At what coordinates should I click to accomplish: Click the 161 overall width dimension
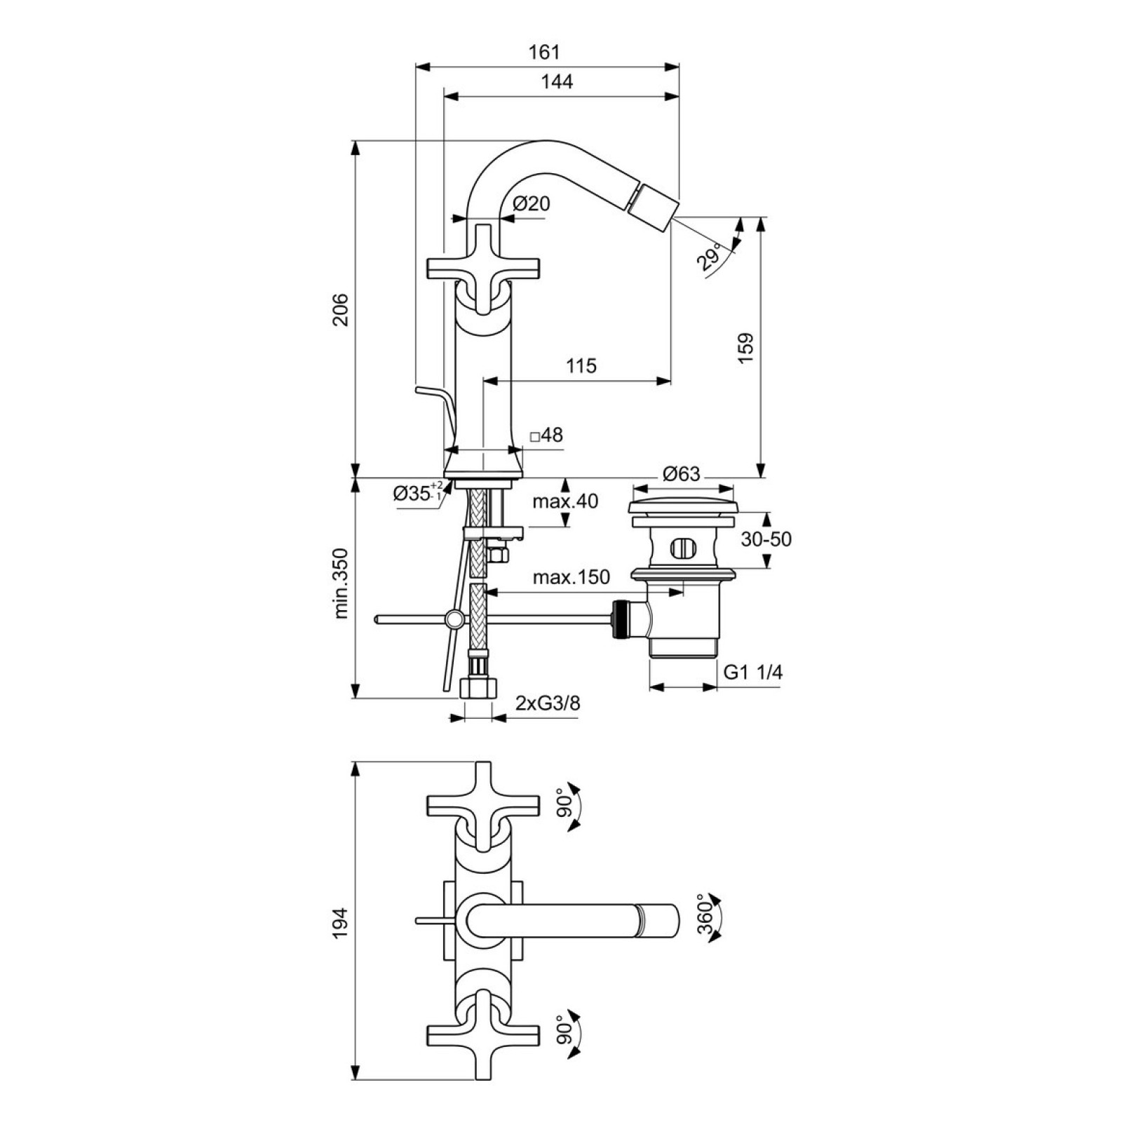tap(544, 52)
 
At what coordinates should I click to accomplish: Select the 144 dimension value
tap(557, 82)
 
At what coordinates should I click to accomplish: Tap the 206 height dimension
tap(340, 309)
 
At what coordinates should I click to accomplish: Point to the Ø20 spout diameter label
tap(532, 203)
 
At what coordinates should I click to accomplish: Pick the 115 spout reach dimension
tap(581, 365)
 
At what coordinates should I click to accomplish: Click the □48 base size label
tap(546, 435)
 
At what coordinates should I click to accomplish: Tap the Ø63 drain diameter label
tap(682, 474)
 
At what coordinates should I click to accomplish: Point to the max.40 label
tap(565, 501)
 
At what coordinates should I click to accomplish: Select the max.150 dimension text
tap(572, 577)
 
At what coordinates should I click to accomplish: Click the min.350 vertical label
tap(341, 583)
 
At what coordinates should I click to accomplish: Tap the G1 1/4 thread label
tap(753, 672)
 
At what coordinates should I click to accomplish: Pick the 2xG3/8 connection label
tap(548, 703)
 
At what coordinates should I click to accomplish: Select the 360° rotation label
tap(705, 917)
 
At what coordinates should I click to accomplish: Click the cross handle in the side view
tap(484, 269)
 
